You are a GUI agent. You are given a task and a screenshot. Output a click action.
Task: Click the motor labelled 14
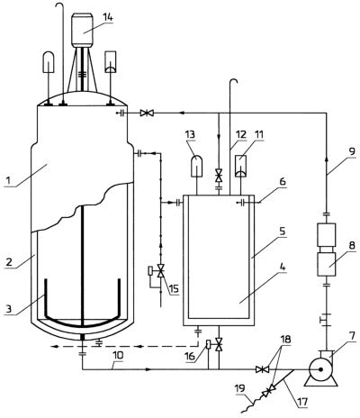click(x=82, y=30)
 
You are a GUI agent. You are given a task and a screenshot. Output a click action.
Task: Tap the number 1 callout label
click(x=8, y=180)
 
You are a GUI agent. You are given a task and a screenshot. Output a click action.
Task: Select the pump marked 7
click(x=320, y=369)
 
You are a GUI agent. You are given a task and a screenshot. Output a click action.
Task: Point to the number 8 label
click(x=352, y=246)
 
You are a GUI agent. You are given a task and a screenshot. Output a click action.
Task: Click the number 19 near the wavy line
click(x=241, y=388)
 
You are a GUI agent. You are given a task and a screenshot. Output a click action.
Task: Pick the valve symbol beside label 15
click(x=161, y=270)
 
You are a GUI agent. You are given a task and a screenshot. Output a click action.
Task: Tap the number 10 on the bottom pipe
click(x=118, y=356)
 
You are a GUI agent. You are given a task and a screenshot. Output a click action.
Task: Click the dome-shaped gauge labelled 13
click(x=197, y=166)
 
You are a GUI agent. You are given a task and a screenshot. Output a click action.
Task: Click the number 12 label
click(x=240, y=134)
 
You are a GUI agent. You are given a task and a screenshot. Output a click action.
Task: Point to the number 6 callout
click(x=282, y=182)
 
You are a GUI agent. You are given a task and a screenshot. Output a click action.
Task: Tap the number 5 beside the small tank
click(x=283, y=232)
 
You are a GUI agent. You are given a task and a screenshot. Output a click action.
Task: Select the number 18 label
click(x=285, y=340)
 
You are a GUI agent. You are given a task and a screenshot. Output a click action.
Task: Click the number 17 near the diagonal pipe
click(x=302, y=401)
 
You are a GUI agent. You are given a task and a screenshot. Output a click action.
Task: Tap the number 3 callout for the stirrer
click(x=10, y=309)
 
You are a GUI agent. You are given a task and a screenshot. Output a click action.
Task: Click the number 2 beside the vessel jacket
click(x=9, y=262)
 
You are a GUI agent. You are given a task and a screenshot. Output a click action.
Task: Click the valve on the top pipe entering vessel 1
click(x=147, y=114)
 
